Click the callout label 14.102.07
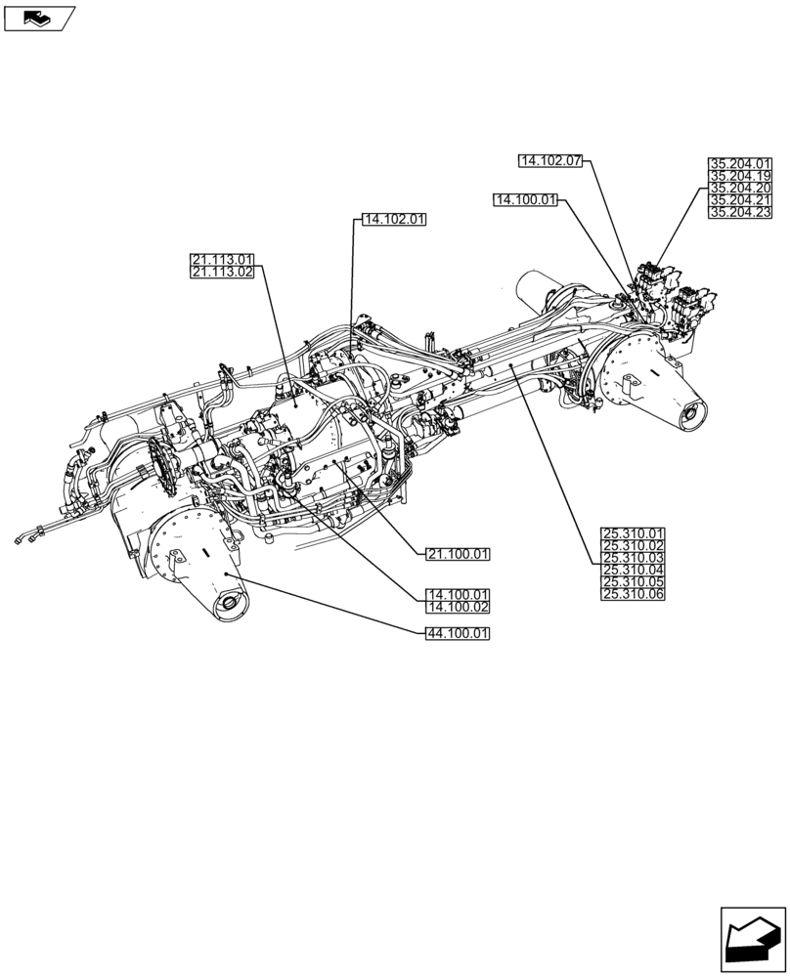click(x=550, y=160)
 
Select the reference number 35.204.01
click(x=740, y=164)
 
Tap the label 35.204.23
click(x=740, y=211)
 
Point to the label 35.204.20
click(x=740, y=188)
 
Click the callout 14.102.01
click(x=394, y=220)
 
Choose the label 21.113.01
click(x=223, y=260)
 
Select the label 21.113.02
click(x=223, y=273)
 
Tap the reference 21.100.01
click(x=458, y=554)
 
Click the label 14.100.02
click(x=458, y=607)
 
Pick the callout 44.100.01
click(x=458, y=634)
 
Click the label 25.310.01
click(x=633, y=533)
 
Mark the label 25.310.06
click(x=633, y=594)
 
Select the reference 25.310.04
click(x=633, y=570)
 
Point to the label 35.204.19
click(x=740, y=176)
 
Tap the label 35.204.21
click(x=740, y=199)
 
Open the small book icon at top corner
click(x=38, y=17)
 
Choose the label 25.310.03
click(x=633, y=558)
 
